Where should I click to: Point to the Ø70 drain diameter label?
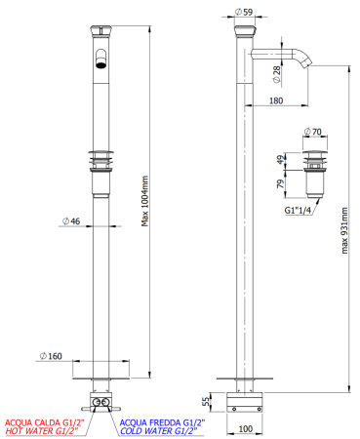tap(312, 131)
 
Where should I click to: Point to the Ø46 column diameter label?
tap(70, 222)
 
